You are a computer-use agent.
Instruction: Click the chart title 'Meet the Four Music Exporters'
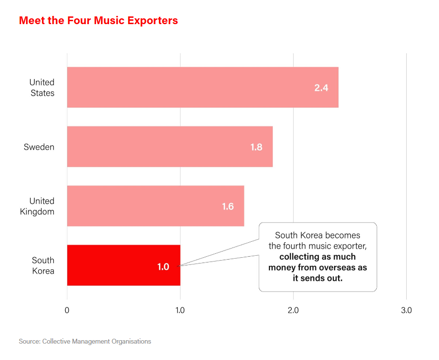point(98,21)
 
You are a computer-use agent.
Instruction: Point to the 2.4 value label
point(321,88)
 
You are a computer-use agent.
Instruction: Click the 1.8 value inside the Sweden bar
point(256,147)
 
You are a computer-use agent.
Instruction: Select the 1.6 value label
point(227,207)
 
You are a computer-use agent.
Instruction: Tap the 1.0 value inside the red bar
point(163,266)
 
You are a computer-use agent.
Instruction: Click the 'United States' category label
point(42,88)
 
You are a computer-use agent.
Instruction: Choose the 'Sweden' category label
point(39,147)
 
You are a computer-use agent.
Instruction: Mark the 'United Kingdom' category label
point(37,207)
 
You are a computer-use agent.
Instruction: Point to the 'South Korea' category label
point(43,266)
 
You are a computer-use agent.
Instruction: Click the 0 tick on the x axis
point(67,310)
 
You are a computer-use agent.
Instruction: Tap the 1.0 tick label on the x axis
point(180,310)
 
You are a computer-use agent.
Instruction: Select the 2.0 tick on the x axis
point(293,310)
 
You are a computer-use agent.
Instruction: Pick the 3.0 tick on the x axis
point(406,310)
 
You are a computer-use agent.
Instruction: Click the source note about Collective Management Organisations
point(85,342)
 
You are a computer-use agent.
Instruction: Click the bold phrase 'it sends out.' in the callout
point(317,278)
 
